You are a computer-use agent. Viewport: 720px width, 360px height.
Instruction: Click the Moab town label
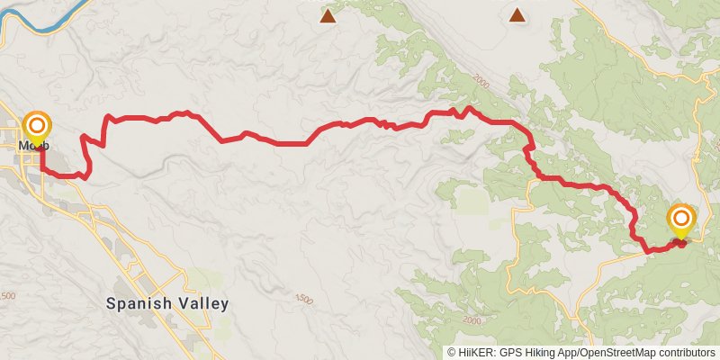pos(33,146)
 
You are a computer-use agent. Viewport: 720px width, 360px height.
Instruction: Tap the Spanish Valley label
pos(167,303)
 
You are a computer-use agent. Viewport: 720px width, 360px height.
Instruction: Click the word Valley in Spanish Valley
pos(206,303)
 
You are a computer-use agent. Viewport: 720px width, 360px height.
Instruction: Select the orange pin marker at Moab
pos(37,126)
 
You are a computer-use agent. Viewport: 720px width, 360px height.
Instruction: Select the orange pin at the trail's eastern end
pos(681,220)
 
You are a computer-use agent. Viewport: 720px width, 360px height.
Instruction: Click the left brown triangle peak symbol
pos(328,15)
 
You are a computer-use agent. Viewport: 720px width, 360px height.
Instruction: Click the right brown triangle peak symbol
pos(517,14)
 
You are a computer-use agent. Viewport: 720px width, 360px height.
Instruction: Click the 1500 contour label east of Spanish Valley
pos(303,298)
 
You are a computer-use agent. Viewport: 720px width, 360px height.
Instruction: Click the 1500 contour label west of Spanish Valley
pos(7,296)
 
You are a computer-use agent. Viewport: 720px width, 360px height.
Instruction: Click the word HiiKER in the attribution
pos(476,353)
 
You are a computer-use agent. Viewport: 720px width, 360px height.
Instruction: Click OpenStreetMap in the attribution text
pos(607,353)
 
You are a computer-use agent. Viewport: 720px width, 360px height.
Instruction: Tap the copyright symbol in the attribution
pos(452,353)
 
